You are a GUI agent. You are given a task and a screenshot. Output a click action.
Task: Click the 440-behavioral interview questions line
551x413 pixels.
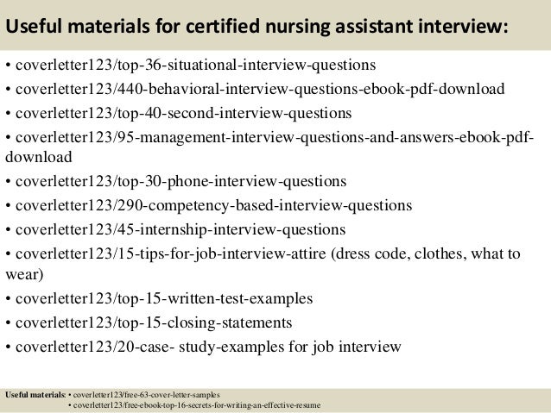click(259, 90)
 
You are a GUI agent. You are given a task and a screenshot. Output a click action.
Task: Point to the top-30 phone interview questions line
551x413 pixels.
click(180, 181)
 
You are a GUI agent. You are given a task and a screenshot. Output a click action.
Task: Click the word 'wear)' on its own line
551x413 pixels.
click(22, 275)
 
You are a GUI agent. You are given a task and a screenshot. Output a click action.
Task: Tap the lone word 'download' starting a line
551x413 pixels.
click(39, 158)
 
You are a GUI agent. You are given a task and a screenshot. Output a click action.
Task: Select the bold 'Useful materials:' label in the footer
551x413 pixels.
click(35, 394)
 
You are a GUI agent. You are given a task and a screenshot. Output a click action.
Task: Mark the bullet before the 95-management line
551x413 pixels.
click(8, 138)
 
